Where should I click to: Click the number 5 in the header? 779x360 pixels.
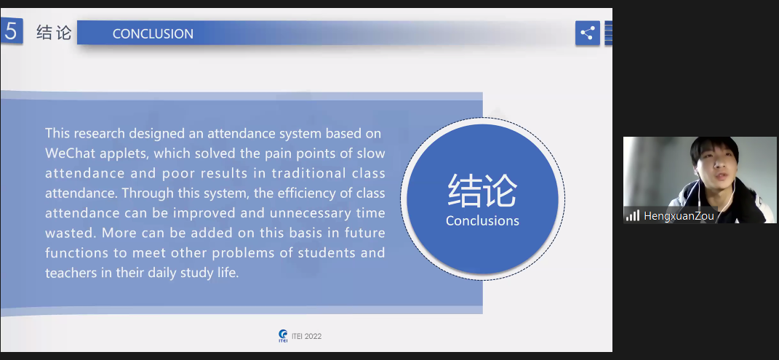click(x=11, y=31)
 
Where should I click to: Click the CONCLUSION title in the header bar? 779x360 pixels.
click(x=153, y=33)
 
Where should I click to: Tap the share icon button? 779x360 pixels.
click(x=588, y=33)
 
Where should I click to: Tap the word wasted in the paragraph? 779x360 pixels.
click(x=71, y=233)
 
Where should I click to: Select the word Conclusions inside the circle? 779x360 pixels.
click(x=482, y=221)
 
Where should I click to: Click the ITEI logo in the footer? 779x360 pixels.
click(x=283, y=336)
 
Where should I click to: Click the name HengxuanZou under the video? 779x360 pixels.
click(x=679, y=216)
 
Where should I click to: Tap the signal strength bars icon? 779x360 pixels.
click(x=633, y=215)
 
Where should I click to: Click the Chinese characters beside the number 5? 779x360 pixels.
click(x=54, y=33)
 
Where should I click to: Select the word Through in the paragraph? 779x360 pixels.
click(x=145, y=193)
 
